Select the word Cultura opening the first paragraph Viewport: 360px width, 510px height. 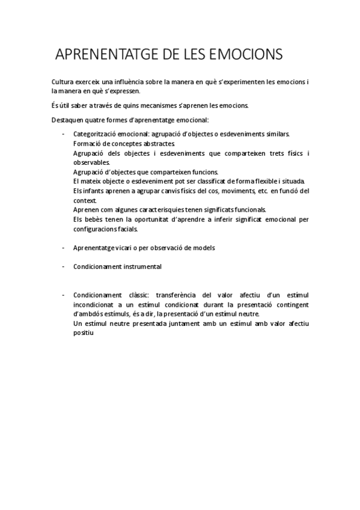pyautogui.click(x=64, y=81)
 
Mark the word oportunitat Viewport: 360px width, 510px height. pyautogui.click(x=159, y=219)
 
